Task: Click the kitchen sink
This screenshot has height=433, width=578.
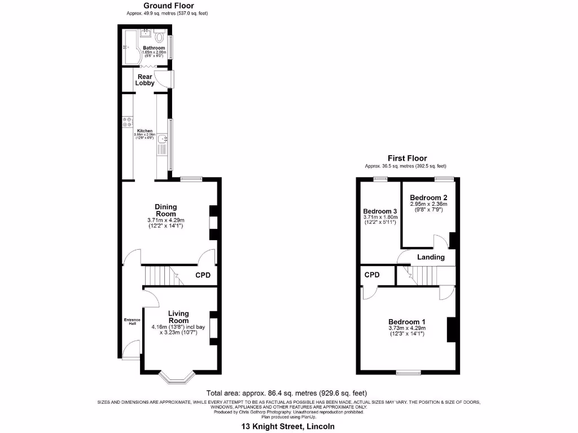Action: pos(163,139)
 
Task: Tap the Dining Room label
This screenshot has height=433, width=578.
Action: pos(166,210)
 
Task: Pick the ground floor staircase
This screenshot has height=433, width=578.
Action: pos(161,276)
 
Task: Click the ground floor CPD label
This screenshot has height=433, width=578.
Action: pos(203,276)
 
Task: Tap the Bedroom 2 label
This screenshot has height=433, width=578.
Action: pos(428,197)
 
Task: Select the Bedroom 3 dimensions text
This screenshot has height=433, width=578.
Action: pos(380,220)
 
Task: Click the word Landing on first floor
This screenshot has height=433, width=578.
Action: pos(431,257)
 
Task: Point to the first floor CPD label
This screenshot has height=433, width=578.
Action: pos(372,275)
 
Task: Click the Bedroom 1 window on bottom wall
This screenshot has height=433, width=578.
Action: pos(408,372)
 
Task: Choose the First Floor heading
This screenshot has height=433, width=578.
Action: pos(406,158)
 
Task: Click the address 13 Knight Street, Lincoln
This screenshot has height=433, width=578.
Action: pos(288,426)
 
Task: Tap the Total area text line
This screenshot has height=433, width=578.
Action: pos(288,392)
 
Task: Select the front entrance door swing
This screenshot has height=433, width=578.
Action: pos(132,349)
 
